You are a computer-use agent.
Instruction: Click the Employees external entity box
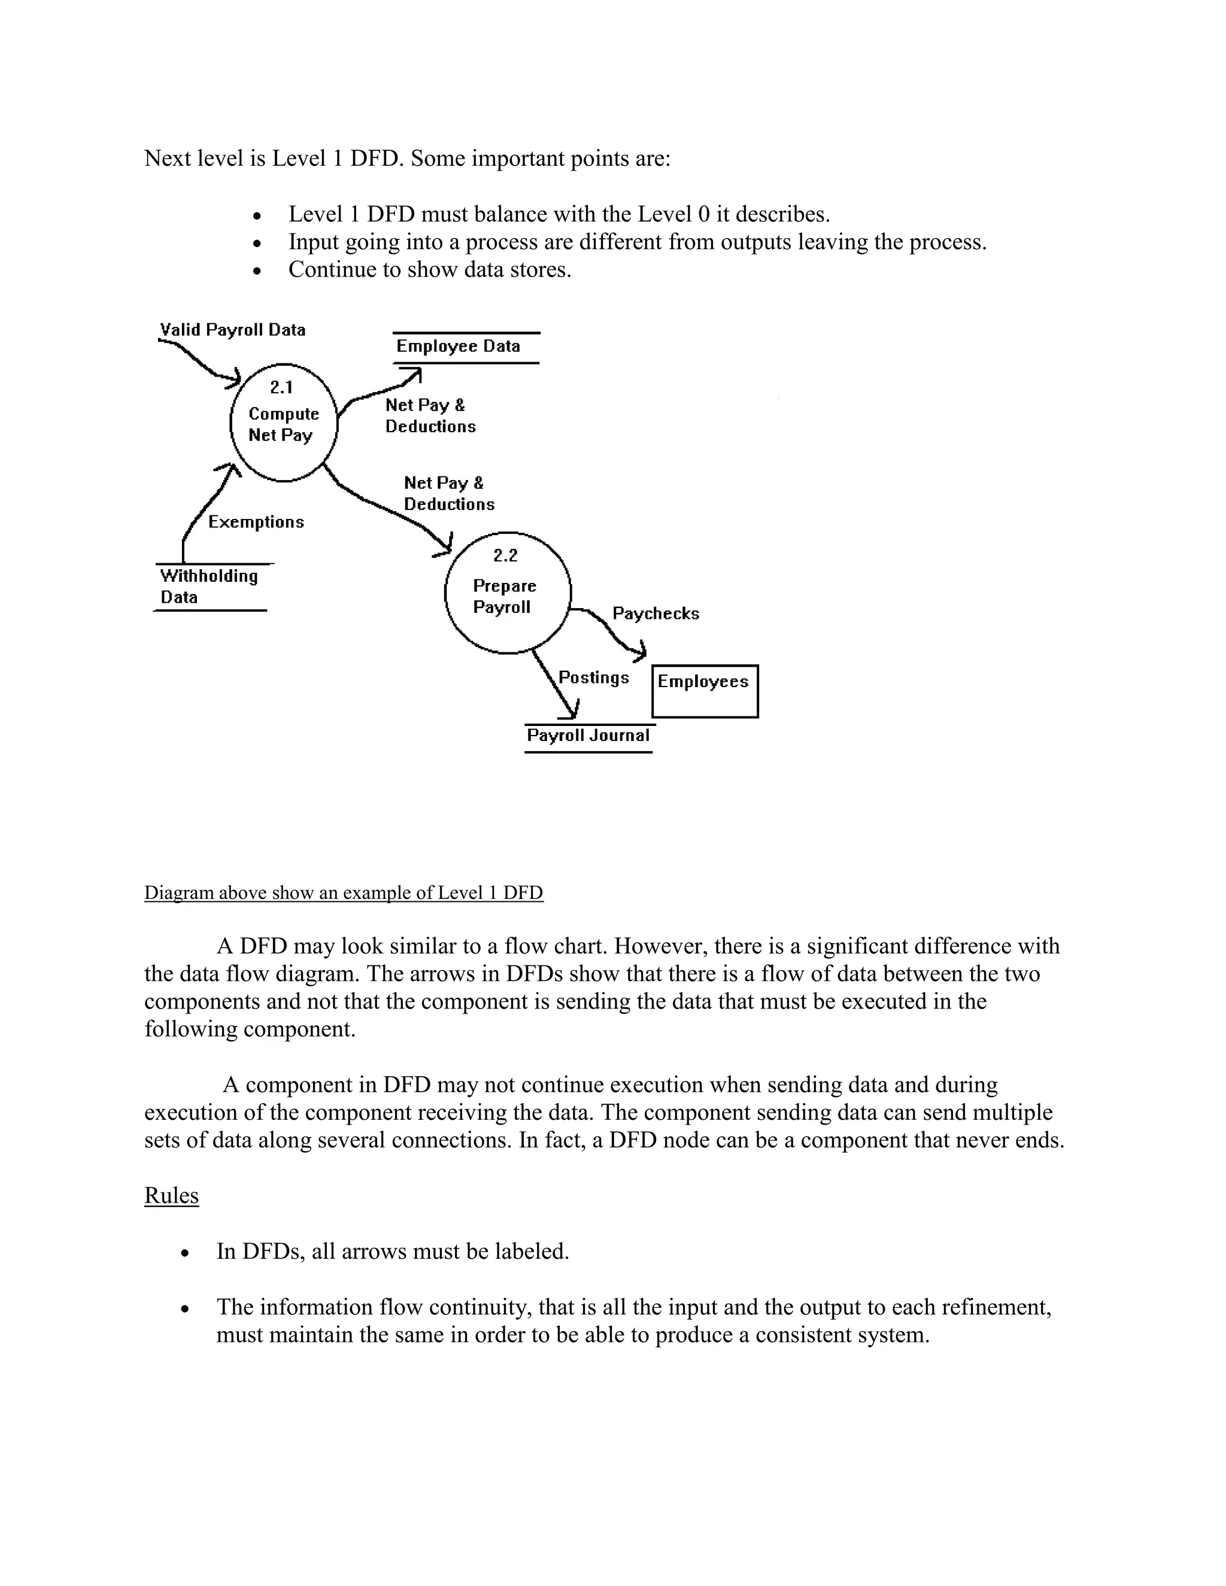705,691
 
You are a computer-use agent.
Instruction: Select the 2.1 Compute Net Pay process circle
284,423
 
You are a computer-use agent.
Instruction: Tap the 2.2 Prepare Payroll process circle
507,593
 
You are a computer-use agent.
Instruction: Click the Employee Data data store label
459,347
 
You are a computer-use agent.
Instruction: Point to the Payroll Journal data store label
588,736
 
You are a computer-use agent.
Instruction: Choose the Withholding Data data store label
208,587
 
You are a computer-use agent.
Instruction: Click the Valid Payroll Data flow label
232,330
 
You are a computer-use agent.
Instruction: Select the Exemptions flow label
256,522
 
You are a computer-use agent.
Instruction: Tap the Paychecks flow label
655,613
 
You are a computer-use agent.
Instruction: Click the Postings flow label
593,677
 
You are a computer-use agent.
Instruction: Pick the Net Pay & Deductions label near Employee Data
430,416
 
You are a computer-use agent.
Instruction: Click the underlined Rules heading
171,1195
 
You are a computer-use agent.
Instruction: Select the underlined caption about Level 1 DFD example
344,892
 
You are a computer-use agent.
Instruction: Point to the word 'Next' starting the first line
167,159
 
